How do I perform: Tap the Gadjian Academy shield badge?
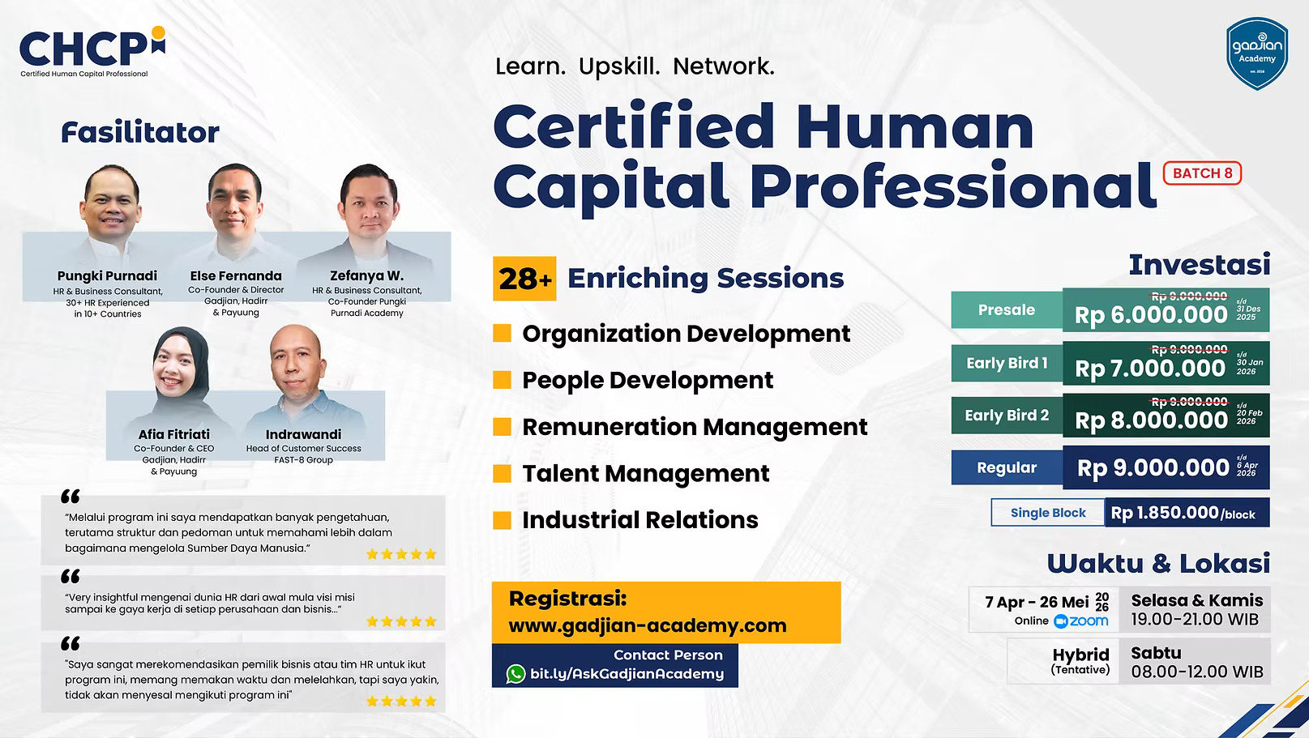point(1256,53)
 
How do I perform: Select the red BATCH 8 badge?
point(1202,173)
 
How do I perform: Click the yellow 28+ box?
point(524,279)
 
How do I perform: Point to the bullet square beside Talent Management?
point(503,473)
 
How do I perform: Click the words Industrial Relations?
point(640,520)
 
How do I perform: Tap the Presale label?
point(1007,309)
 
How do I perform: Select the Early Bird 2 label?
point(1007,416)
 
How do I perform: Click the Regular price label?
point(1007,467)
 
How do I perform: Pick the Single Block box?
point(1048,513)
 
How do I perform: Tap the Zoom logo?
point(1081,621)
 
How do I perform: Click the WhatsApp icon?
point(515,674)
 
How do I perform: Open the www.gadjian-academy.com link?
point(647,625)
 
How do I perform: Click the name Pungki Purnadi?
point(107,276)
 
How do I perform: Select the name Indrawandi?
point(303,435)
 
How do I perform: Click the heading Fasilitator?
point(140,132)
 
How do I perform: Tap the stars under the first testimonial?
point(401,555)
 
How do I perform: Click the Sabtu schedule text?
point(1156,653)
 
